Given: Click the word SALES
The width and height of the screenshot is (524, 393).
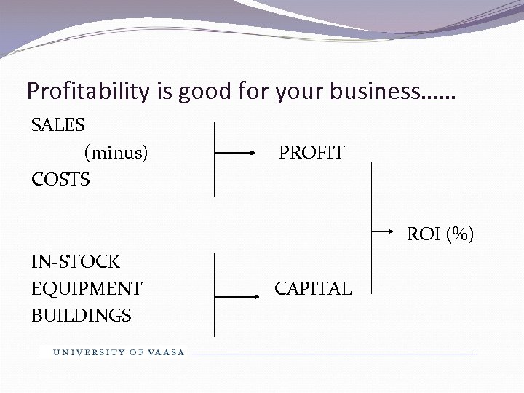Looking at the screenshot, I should coord(58,125).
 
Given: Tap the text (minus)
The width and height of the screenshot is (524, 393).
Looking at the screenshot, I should coord(116,152).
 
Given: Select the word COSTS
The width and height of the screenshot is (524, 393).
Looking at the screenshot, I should coord(61,179).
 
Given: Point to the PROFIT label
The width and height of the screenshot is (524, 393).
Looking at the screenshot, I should coord(312,153).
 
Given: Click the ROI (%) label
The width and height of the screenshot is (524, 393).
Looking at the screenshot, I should coord(440,234).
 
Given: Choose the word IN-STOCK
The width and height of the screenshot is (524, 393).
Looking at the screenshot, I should coord(76,261).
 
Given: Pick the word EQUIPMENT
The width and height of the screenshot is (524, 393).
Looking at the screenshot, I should coord(87,288).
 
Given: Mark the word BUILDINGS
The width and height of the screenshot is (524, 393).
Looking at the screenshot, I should coord(82,315).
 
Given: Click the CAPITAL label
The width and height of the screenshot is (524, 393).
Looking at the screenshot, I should coord(313,288).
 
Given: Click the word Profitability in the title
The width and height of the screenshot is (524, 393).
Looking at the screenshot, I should coord(87,92).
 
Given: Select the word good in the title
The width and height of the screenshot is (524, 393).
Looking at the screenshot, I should coord(210,92).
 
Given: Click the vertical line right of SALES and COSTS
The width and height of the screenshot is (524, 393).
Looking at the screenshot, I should coord(214,160).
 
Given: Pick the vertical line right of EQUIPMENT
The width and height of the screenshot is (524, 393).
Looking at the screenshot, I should coord(214,294).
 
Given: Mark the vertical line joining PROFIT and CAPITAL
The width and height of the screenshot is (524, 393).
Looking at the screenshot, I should coord(372,226).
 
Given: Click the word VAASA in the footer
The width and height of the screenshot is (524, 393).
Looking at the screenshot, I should coord(167,352).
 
